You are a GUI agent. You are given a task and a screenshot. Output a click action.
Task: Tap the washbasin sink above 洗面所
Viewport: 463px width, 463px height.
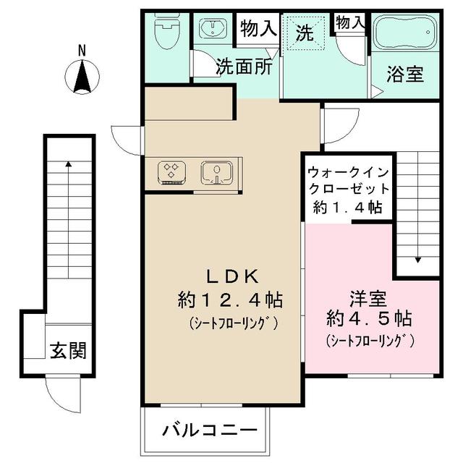tap(215, 30)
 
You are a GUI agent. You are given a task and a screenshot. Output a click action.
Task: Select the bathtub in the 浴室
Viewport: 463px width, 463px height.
tap(404, 33)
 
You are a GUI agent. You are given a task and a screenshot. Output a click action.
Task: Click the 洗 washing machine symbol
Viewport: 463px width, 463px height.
tap(305, 33)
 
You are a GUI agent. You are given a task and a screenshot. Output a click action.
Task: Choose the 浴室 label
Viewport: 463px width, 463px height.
tap(404, 74)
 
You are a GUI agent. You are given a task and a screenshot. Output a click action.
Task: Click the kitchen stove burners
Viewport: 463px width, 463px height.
tap(171, 172)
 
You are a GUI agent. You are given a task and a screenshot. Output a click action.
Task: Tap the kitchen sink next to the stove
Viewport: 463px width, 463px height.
tap(216, 172)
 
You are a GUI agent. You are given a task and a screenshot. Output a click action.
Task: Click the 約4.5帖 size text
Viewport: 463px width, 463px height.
tap(369, 318)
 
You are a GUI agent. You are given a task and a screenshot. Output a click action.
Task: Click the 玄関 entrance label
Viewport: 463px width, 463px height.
tap(68, 351)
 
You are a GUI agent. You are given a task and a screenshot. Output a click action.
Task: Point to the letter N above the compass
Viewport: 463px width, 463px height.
tap(82, 51)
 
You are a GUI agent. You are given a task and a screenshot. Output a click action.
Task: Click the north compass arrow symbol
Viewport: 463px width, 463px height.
tap(82, 77)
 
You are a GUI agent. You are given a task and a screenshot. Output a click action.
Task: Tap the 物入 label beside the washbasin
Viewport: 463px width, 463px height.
tap(258, 29)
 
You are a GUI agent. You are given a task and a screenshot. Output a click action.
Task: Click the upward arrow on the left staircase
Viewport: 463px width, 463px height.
tap(69, 165)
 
